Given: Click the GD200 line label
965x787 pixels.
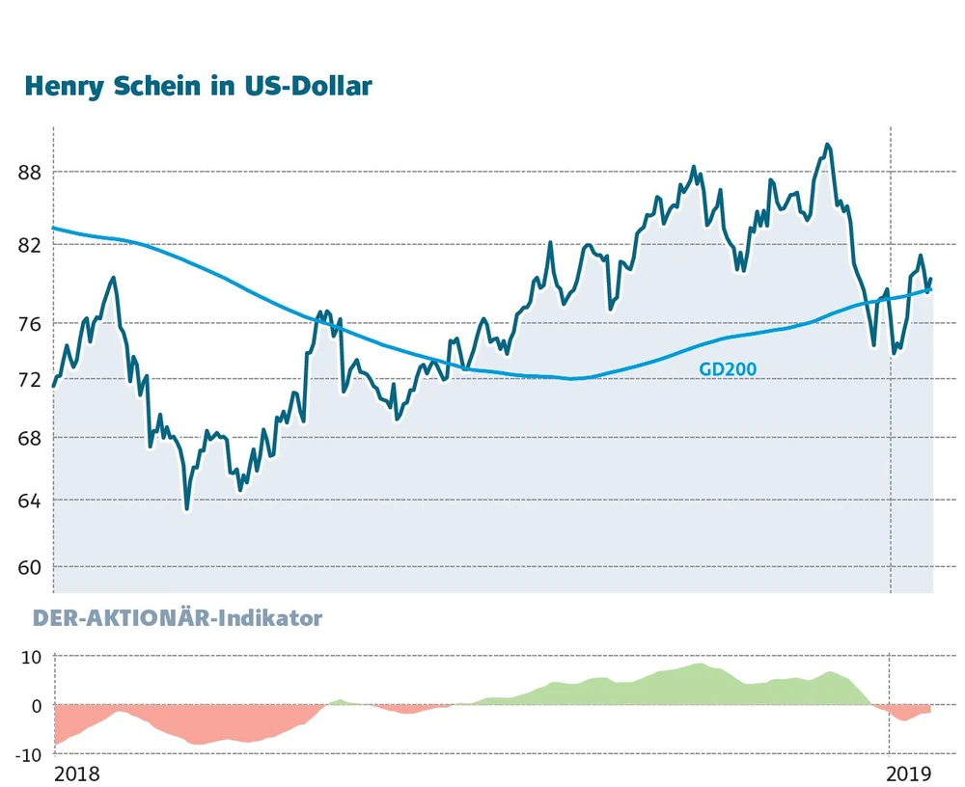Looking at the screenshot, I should pyautogui.click(x=728, y=368).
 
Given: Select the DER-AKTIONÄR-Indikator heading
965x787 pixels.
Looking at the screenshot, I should pyautogui.click(x=178, y=618).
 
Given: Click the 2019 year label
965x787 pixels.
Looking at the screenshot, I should pyautogui.click(x=908, y=773).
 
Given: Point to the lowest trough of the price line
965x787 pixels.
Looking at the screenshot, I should pyautogui.click(x=186, y=507).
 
